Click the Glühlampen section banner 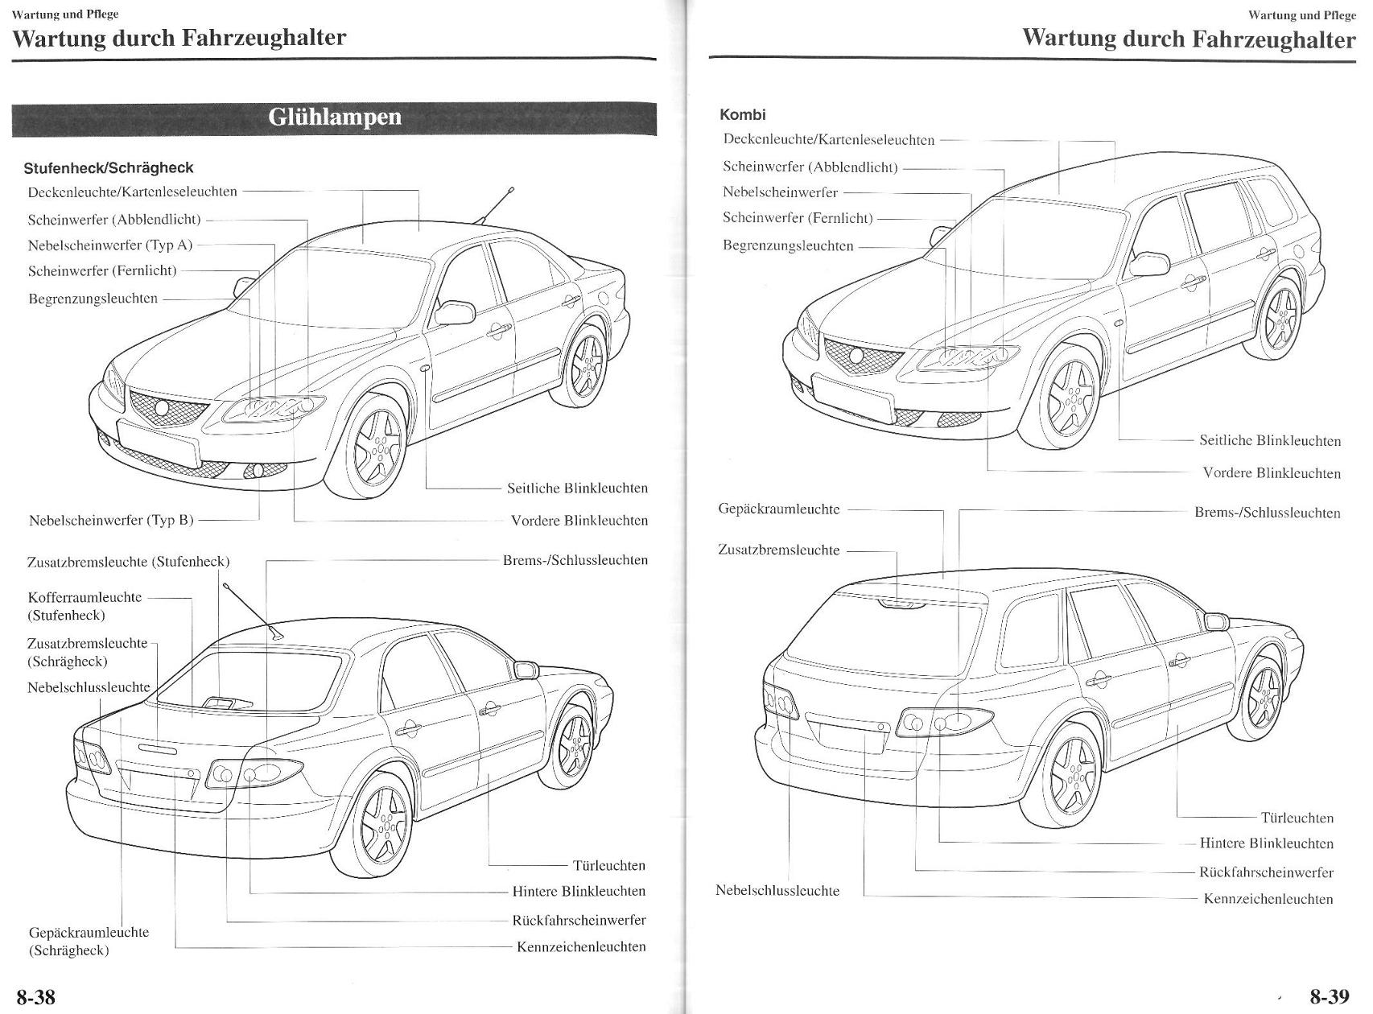[334, 118]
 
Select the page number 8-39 [1329, 997]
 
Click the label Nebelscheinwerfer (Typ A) [110, 245]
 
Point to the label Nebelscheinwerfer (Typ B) [111, 520]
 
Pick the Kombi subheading [743, 115]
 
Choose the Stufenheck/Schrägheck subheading [109, 168]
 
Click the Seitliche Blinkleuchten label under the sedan [577, 488]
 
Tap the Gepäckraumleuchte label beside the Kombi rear [778, 509]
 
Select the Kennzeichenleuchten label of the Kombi [1268, 899]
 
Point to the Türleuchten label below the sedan [609, 866]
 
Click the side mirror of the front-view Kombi [1148, 264]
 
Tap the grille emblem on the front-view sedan [163, 408]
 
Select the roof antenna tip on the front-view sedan [511, 190]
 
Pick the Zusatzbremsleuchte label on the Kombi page [778, 550]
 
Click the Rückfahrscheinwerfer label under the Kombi [1266, 872]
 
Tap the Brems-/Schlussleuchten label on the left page [575, 560]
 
